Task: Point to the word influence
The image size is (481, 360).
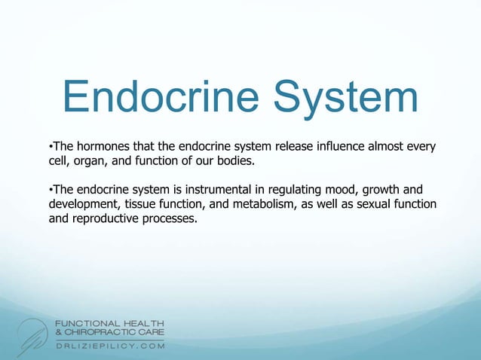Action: click(x=334, y=144)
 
